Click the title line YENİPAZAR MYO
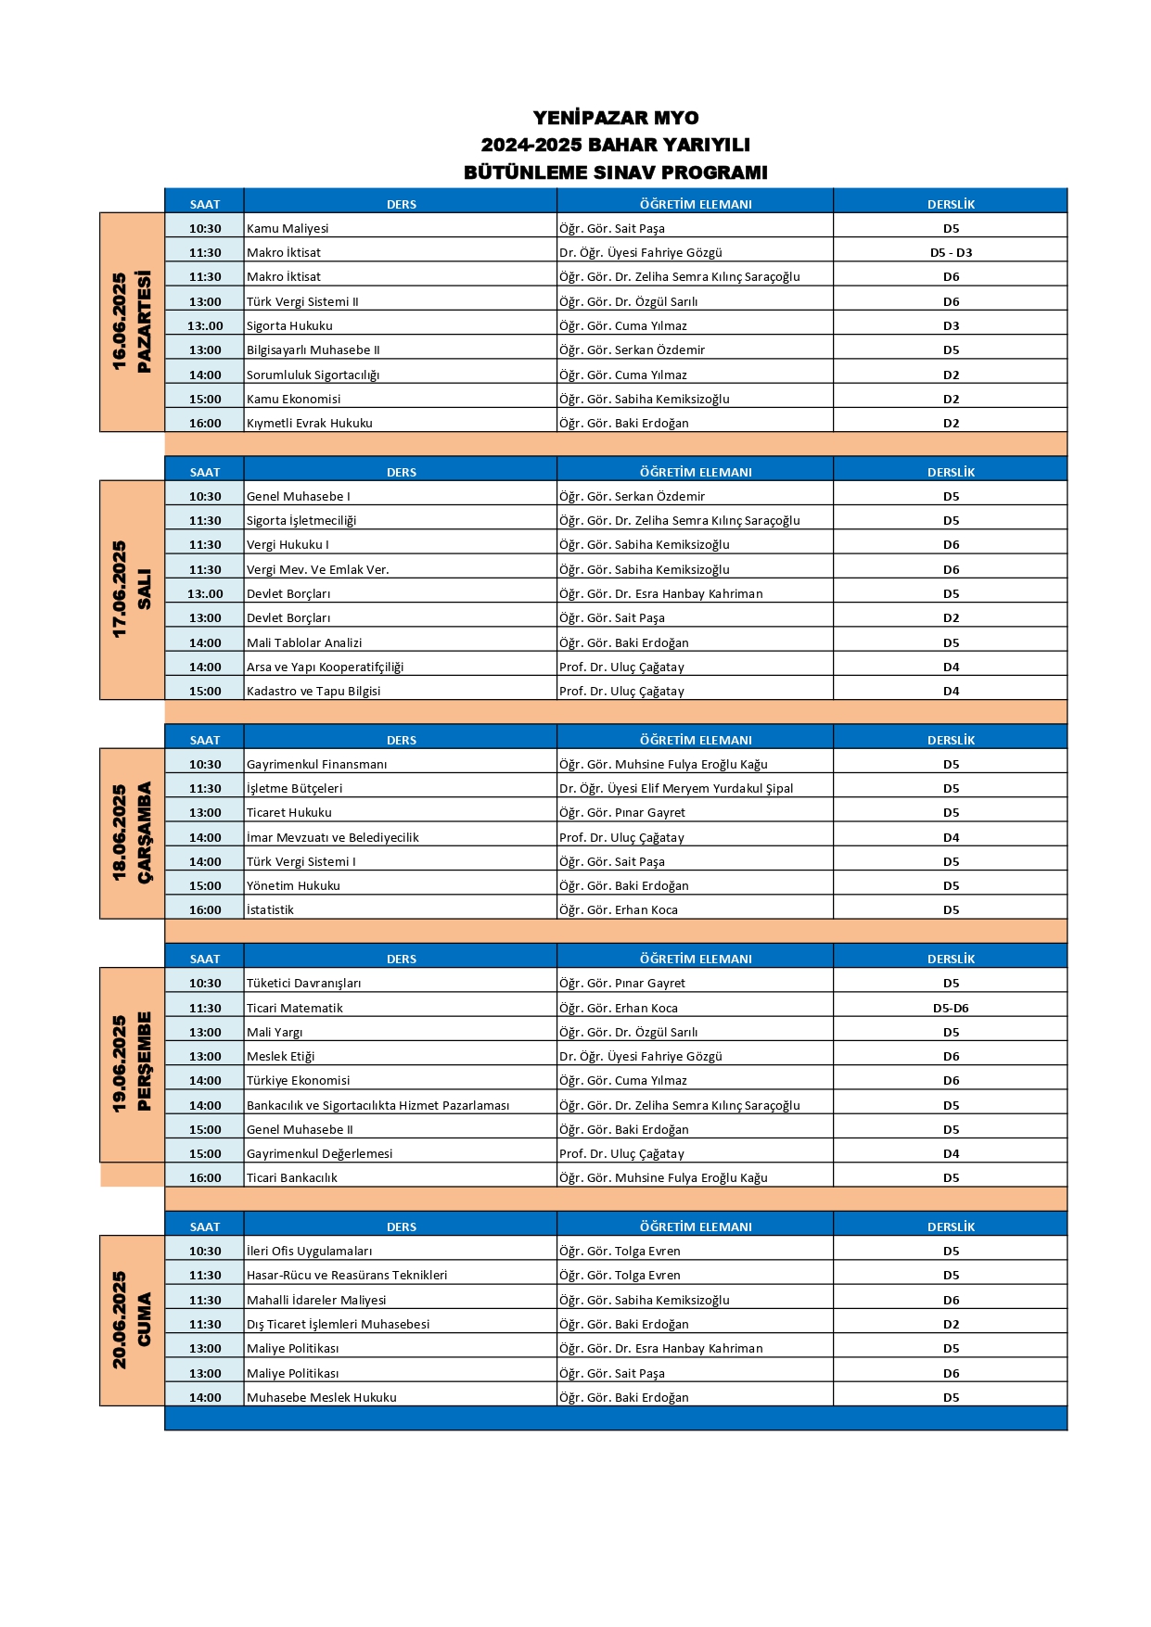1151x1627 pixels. (615, 118)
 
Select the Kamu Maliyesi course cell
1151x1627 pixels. (288, 228)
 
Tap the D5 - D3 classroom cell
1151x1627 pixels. (951, 252)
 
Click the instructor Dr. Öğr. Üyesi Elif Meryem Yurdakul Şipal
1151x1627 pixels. (676, 788)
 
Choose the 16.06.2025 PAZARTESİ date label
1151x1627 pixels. (131, 322)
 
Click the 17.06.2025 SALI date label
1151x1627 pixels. (131, 590)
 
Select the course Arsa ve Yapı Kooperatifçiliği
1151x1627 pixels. (325, 667)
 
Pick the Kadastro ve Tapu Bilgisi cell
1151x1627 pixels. (313, 691)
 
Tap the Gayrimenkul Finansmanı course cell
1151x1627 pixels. (316, 764)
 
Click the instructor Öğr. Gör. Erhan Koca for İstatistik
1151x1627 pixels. (619, 909)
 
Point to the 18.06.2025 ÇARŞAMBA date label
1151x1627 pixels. (131, 833)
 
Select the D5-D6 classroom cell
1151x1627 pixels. (951, 1008)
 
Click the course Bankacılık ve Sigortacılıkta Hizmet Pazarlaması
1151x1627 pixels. (377, 1105)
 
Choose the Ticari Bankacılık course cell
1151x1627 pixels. (292, 1177)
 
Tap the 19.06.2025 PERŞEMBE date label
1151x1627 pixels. (131, 1064)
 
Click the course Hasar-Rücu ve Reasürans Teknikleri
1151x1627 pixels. (347, 1275)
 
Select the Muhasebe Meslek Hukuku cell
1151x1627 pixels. (322, 1397)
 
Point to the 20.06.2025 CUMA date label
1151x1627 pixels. (131, 1320)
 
